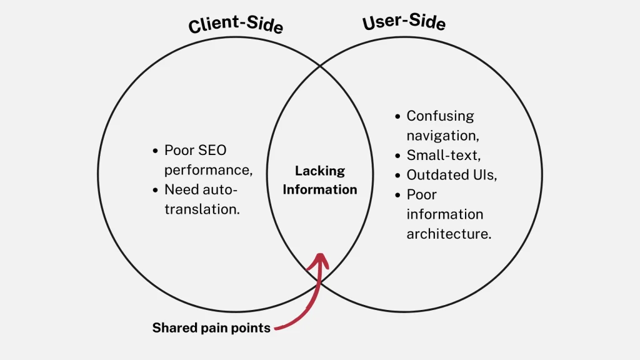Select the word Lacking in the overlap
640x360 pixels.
point(320,171)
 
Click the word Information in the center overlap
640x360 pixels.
point(320,189)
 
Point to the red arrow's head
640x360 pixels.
point(320,257)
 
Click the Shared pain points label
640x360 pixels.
point(211,327)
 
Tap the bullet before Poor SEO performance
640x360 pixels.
point(156,151)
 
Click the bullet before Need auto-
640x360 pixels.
point(156,189)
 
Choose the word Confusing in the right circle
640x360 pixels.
point(440,116)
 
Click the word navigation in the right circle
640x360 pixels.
point(442,135)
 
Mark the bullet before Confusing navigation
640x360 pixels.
point(397,116)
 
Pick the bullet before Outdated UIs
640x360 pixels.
point(397,175)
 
